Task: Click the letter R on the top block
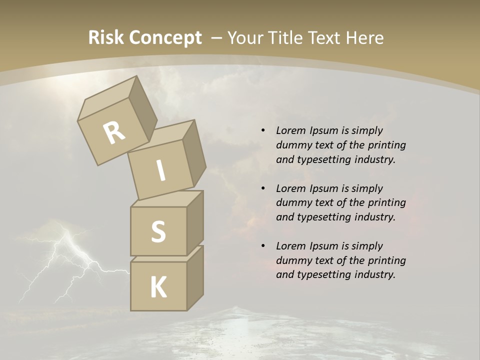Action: tap(114, 133)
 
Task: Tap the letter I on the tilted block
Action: tap(160, 171)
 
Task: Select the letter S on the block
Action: tap(158, 231)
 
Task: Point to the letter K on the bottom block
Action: tap(158, 287)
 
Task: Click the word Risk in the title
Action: tap(106, 37)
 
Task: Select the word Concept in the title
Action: tap(165, 37)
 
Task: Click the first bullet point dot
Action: tap(263, 130)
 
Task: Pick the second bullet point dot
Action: tap(263, 188)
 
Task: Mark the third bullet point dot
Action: tap(263, 246)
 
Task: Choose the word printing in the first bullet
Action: tap(387, 145)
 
